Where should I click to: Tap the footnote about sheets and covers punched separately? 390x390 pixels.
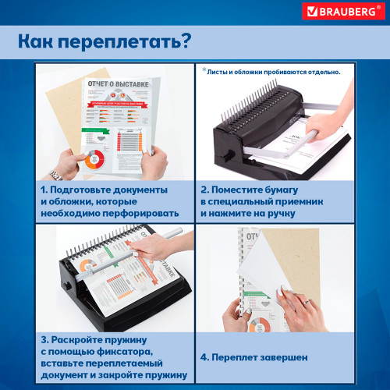point(274,71)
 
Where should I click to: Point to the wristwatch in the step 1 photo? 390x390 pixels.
point(56,173)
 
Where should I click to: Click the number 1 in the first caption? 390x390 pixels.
point(45,190)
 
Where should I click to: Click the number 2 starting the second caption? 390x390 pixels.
point(204,190)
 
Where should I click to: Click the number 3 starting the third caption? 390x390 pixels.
point(45,341)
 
